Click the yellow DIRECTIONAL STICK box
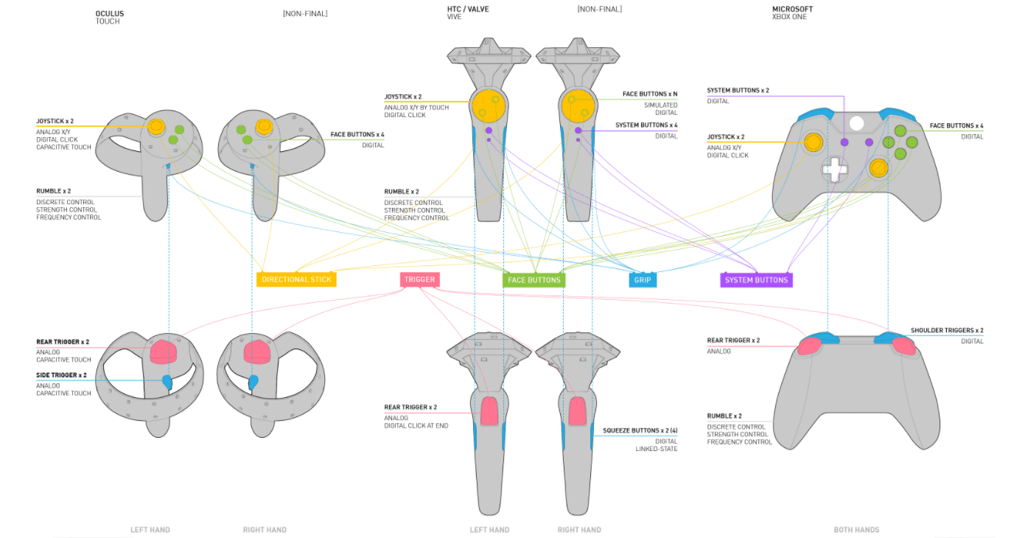[296, 279]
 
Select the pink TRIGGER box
[419, 279]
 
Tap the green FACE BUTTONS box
[534, 280]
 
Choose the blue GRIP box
[643, 280]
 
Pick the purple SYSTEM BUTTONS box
[756, 280]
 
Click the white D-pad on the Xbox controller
[835, 170]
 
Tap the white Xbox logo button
[856, 123]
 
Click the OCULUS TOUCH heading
[109, 18]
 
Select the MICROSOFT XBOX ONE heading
[793, 13]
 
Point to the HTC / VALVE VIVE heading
[468, 13]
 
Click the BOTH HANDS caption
[856, 530]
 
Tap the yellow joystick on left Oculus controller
[156, 126]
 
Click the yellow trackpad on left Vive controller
[489, 106]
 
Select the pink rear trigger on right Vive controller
[577, 411]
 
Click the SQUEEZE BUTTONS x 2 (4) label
[640, 430]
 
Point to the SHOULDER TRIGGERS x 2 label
[947, 330]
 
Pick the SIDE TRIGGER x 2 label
[61, 375]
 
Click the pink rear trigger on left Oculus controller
[164, 352]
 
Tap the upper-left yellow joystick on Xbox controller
[814, 142]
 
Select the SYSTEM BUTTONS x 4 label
[646, 125]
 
